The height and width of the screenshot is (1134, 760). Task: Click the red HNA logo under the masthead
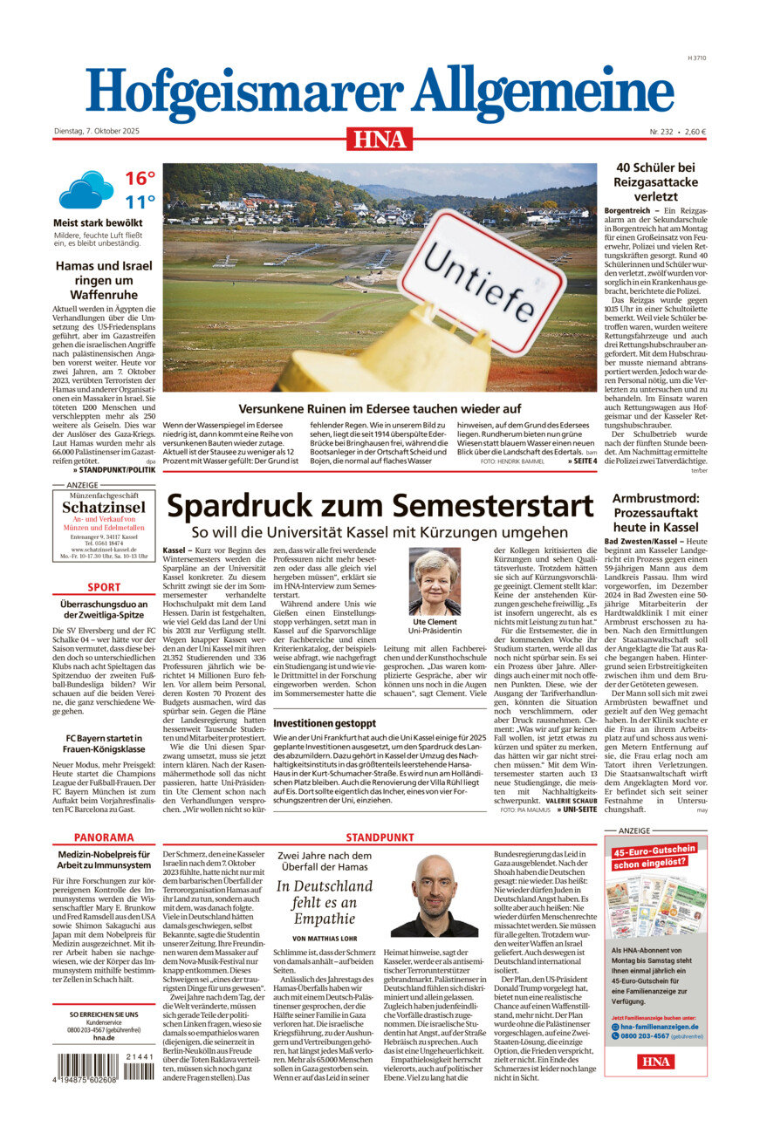[x=380, y=139]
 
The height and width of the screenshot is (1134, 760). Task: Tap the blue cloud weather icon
[x=86, y=189]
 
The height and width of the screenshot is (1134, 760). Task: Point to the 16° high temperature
[x=140, y=179]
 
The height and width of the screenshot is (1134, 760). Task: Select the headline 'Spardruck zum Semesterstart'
[x=380, y=507]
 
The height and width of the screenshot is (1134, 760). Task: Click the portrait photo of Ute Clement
[x=435, y=581]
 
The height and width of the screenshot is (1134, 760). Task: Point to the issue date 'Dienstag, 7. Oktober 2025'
[x=96, y=132]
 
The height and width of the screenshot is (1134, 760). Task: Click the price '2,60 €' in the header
[x=695, y=132]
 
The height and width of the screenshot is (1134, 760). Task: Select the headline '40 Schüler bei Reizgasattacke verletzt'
[x=655, y=182]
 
